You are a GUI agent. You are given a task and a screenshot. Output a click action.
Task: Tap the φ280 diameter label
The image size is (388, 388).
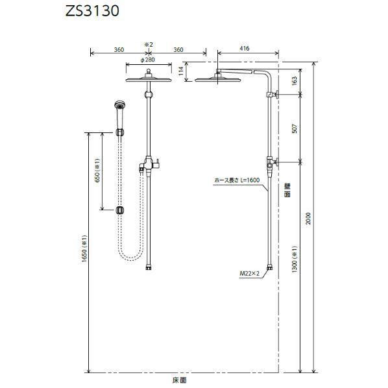point(148,60)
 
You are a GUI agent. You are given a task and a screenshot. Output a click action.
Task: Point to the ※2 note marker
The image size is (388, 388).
point(148,44)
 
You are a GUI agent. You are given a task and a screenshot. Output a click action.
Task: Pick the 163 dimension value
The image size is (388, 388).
point(295,80)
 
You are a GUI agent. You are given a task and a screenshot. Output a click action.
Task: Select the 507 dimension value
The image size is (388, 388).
point(295,128)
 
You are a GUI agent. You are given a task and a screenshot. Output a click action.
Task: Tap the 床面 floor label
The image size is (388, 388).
point(185,380)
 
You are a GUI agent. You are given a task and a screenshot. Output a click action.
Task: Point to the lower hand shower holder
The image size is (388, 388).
point(119,210)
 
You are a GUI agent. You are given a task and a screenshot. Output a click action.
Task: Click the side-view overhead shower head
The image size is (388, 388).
point(217,79)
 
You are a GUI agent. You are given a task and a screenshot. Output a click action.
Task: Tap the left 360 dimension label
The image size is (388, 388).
point(118,49)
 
